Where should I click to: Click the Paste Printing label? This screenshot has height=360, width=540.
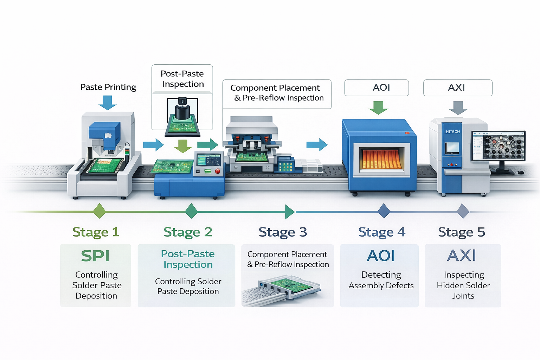pyautogui.click(x=108, y=87)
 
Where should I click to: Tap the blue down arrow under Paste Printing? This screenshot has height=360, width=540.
pyautogui.click(x=107, y=102)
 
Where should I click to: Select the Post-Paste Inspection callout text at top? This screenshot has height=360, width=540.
pyautogui.click(x=182, y=79)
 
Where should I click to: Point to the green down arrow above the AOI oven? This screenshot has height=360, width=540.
pyautogui.click(x=378, y=107)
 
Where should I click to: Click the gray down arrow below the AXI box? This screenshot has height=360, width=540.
pyautogui.click(x=458, y=108)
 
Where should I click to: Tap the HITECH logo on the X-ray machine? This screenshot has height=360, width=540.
pyautogui.click(x=453, y=131)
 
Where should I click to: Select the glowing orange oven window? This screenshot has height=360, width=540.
pyautogui.click(x=381, y=159)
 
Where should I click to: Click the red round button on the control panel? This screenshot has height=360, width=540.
pyautogui.click(x=217, y=171)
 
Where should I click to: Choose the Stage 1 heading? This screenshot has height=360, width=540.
pyautogui.click(x=96, y=232)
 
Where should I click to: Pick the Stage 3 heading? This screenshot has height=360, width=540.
pyautogui.click(x=283, y=232)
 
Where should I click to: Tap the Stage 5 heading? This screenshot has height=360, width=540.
pyautogui.click(x=461, y=232)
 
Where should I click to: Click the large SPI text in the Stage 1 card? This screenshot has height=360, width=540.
pyautogui.click(x=95, y=256)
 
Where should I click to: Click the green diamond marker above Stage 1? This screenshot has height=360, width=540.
pyautogui.click(x=99, y=211)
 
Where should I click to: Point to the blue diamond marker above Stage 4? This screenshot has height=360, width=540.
pyautogui.click(x=384, y=211)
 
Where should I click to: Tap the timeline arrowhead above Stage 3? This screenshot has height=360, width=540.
pyautogui.click(x=290, y=212)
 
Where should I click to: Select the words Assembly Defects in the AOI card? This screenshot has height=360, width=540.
pyautogui.click(x=381, y=285)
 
